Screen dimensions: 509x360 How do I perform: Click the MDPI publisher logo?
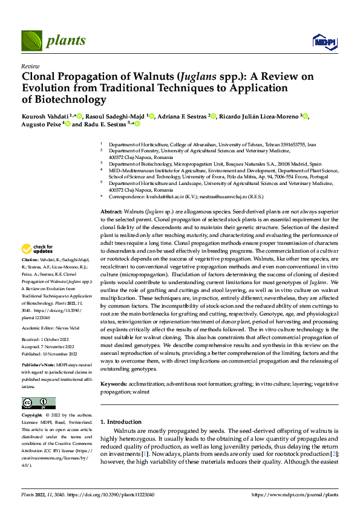point(323,41)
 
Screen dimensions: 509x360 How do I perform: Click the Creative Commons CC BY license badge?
point(39,403)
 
